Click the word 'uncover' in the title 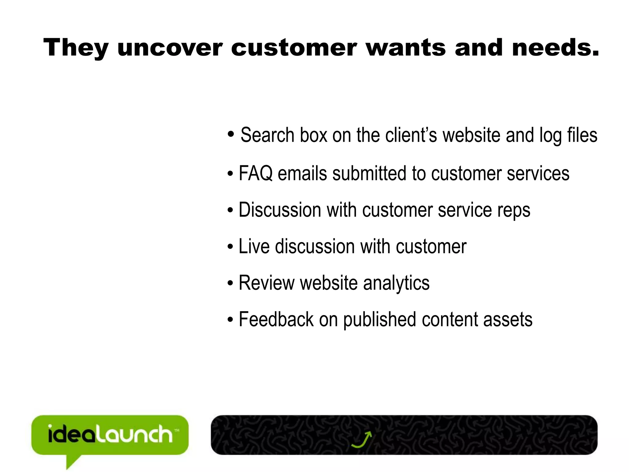point(170,48)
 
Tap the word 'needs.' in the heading point(555,48)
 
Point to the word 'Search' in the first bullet point(267,135)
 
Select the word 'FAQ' point(256,173)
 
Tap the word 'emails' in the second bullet point(302,173)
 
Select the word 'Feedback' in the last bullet point(276,320)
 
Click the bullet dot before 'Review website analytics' point(230,283)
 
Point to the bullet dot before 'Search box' point(231,134)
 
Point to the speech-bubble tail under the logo point(72,461)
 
